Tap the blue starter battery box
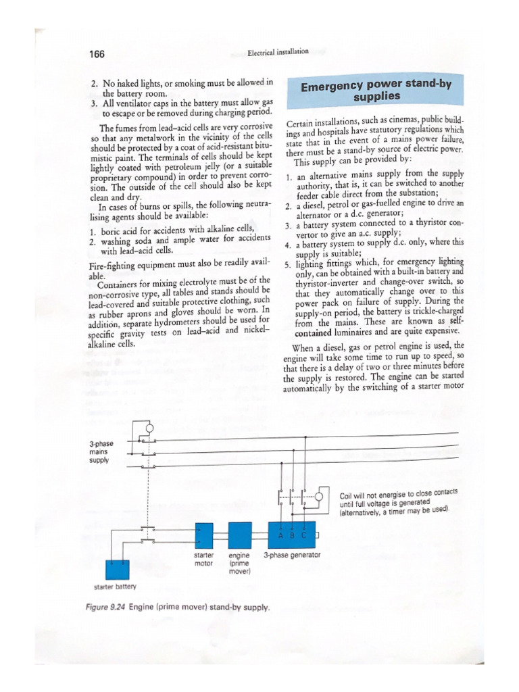[x=121, y=569]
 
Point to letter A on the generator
[x=280, y=535]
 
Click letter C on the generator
[x=304, y=535]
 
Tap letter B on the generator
[x=292, y=535]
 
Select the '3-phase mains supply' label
[x=102, y=451]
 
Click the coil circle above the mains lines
[x=149, y=427]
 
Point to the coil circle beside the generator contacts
[x=319, y=497]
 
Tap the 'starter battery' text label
[x=115, y=587]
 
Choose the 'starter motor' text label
[x=203, y=559]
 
